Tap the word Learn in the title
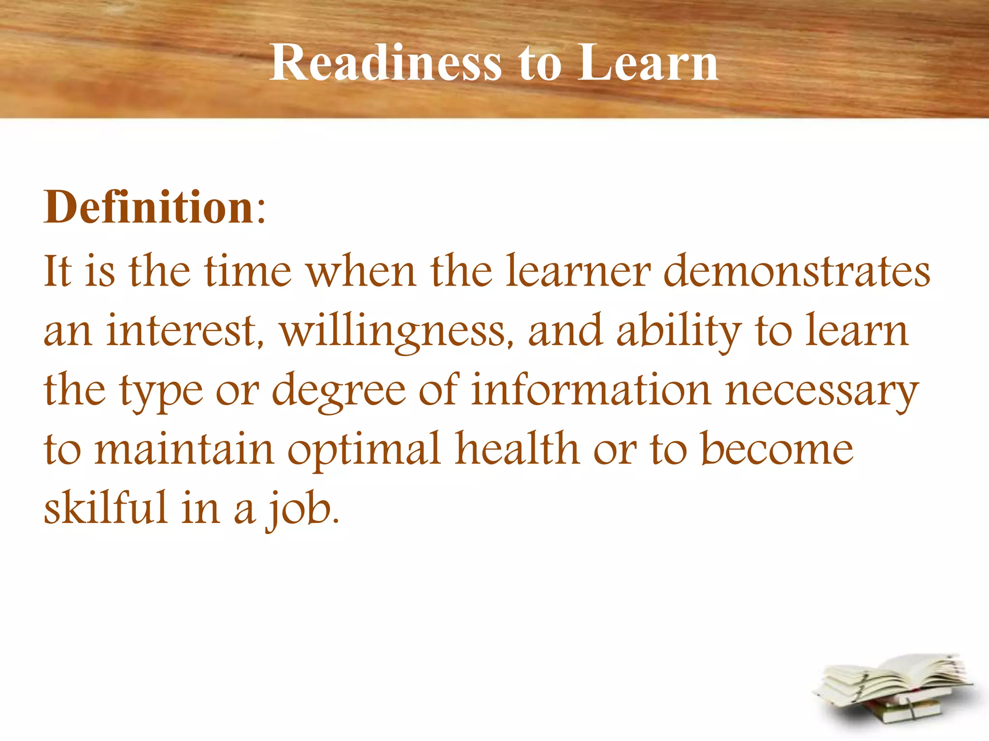tap(648, 63)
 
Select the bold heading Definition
tap(149, 207)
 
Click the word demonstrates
tap(797, 271)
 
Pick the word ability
tap(679, 332)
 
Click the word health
tap(517, 449)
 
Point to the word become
tap(777, 449)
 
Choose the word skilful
tap(105, 508)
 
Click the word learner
tap(578, 271)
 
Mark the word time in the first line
tap(248, 271)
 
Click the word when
tap(362, 271)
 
